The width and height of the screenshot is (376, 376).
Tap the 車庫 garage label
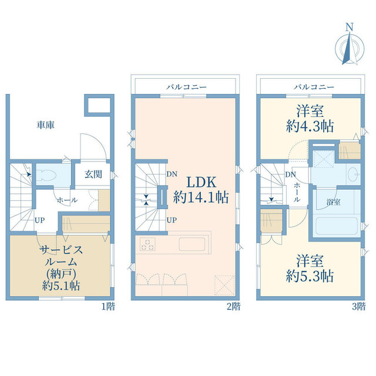(x=46, y=125)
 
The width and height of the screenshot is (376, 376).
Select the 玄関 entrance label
(x=93, y=174)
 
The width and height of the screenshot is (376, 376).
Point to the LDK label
(x=201, y=182)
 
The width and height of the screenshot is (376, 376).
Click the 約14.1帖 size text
(x=201, y=197)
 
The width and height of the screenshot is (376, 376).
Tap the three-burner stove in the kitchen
(x=147, y=244)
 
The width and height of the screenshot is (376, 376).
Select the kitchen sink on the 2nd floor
(x=192, y=244)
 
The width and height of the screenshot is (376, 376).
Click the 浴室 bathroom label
(x=333, y=202)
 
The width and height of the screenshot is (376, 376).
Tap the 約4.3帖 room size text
(x=310, y=126)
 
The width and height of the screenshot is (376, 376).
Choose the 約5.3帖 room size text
(x=310, y=276)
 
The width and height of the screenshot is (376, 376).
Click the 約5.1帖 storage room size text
(x=61, y=286)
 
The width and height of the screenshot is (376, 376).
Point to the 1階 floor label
(x=108, y=307)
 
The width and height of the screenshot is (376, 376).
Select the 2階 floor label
(x=234, y=307)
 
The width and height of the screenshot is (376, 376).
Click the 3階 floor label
(x=359, y=307)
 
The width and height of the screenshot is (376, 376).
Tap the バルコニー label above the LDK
(x=186, y=87)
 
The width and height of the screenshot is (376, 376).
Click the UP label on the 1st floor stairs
(x=40, y=220)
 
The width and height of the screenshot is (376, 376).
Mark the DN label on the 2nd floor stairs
(x=172, y=174)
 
